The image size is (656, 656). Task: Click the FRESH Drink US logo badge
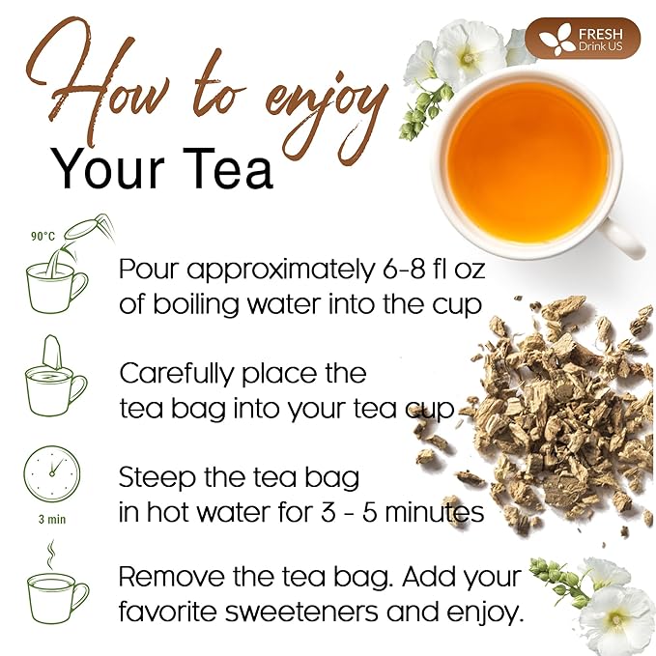click(x=584, y=38)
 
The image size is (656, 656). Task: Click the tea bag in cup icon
click(x=55, y=378)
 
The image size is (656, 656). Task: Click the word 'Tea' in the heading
click(x=228, y=168)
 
